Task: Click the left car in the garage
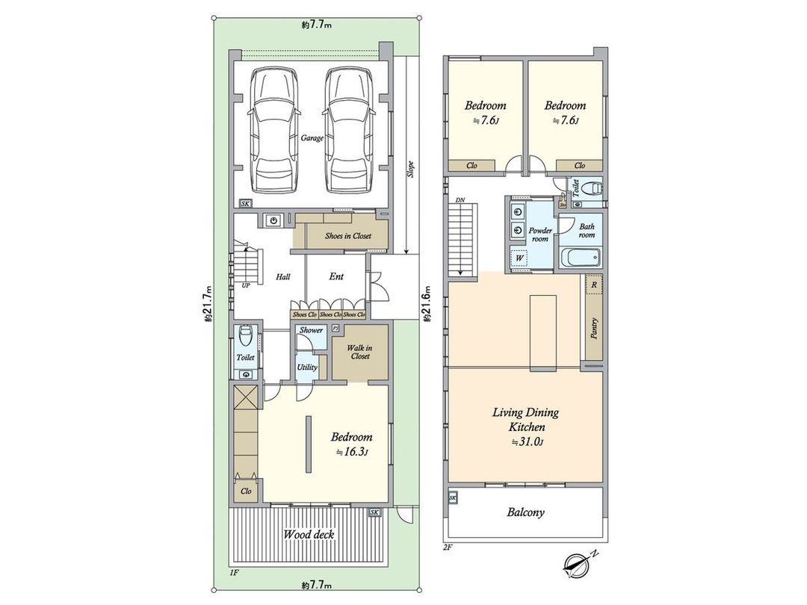pos(275,130)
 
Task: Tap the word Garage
pos(312,138)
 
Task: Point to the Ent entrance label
pos(336,276)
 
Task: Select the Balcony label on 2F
pos(525,512)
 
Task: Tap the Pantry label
pos(594,329)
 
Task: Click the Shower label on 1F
pos(311,330)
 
